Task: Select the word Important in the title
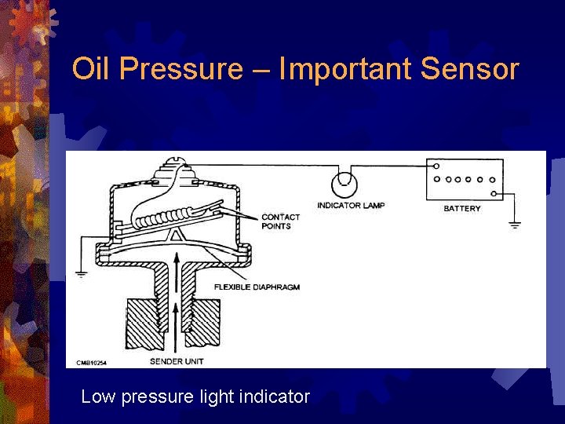click(x=345, y=69)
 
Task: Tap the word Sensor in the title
click(x=469, y=69)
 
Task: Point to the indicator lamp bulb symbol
click(x=343, y=185)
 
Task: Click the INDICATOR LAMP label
click(x=351, y=206)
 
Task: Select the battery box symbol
click(x=464, y=181)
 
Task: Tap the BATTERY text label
click(x=462, y=209)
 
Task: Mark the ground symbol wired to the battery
click(x=515, y=224)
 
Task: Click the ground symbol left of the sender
click(x=81, y=274)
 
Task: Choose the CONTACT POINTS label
click(x=280, y=221)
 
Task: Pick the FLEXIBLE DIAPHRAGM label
click(x=257, y=287)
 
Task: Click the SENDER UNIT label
click(x=177, y=362)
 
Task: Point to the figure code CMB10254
click(x=92, y=363)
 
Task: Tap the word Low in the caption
click(x=98, y=397)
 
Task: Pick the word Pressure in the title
click(x=181, y=69)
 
